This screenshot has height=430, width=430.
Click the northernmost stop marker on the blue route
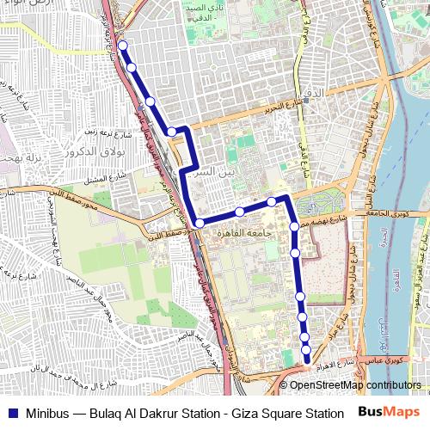pos(123,46)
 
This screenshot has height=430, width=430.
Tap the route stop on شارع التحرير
pos(172,132)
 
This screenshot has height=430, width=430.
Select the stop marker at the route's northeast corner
pos(271,202)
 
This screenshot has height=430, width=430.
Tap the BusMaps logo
pos(388,412)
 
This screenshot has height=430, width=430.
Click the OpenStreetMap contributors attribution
pos(355,385)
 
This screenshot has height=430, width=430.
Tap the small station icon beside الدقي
pos(305,99)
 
